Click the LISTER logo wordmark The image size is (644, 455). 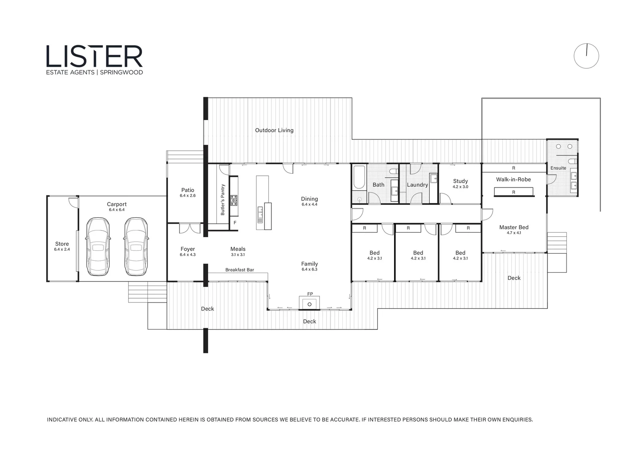coord(94,56)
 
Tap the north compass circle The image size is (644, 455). coord(586,56)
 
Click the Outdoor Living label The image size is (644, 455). coord(274,130)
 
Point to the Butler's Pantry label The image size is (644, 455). coord(223,199)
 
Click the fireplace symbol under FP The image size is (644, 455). coord(309,304)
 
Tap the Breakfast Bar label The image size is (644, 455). coord(239,270)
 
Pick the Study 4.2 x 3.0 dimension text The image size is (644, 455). coord(460,187)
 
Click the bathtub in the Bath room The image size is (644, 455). coord(359,177)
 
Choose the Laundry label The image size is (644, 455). coord(417,185)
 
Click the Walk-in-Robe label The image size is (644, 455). coord(513,179)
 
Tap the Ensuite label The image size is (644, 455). coord(558,168)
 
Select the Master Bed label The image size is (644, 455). coord(513,227)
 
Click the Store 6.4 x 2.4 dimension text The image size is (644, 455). coord(62,249)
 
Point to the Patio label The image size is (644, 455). coord(188,190)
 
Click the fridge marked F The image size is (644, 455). coord(235,222)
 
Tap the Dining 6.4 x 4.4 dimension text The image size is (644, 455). coord(309,204)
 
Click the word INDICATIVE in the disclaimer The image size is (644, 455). coord(62,420)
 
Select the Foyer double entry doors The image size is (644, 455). coord(190,228)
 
